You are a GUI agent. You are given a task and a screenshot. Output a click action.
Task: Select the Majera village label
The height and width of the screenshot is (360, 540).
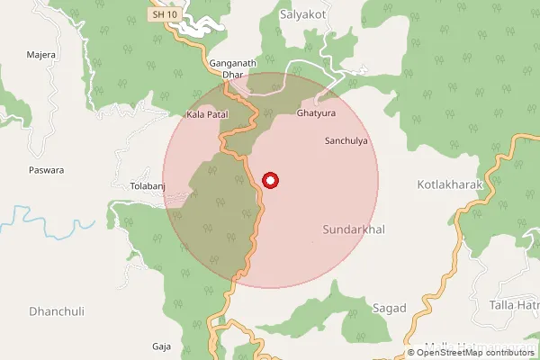pos(41,55)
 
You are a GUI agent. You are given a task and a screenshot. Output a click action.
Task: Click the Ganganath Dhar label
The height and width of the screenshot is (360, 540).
pos(233,69)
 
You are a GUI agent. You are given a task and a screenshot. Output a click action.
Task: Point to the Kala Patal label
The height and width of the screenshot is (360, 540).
pos(208,115)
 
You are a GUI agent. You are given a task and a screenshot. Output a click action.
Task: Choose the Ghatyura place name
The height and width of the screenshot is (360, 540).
pos(315,115)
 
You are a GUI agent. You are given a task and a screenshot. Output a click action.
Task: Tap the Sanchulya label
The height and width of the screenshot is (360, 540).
pos(346,141)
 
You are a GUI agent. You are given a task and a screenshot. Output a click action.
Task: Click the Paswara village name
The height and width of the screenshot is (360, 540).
pos(47,169)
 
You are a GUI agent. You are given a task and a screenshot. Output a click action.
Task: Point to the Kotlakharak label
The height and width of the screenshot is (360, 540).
pos(451,184)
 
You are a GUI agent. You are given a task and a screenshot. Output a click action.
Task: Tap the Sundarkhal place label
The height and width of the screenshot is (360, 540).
pos(354,230)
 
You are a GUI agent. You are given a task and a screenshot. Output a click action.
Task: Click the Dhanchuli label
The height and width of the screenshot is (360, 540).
pos(56,311)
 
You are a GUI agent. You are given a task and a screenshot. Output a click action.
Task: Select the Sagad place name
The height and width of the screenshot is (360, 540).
pos(389,308)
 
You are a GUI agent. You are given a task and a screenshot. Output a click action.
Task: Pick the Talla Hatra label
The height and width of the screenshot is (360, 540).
pos(514,307)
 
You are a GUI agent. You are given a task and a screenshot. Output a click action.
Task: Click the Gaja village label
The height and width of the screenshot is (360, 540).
pos(162,346)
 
